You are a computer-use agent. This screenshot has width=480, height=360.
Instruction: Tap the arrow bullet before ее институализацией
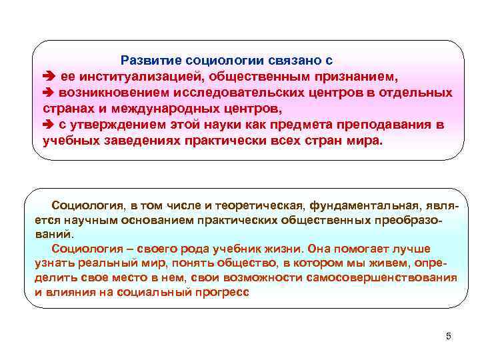[x=46, y=76]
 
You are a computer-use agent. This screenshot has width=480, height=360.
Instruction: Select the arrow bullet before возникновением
[x=46, y=92]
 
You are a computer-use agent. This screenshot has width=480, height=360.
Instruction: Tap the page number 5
[x=448, y=335]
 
